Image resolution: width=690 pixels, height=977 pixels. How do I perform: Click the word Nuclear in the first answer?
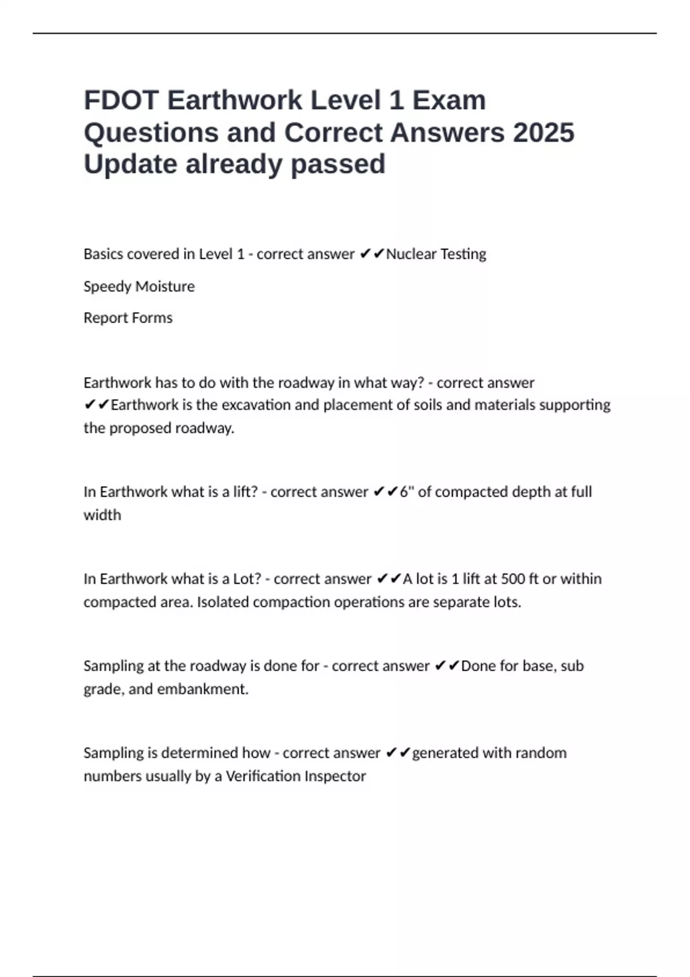[411, 254]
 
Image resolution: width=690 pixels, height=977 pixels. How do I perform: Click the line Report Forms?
[128, 318]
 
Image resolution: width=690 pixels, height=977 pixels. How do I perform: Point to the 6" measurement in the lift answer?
[407, 492]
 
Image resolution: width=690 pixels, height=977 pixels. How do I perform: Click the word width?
[102, 515]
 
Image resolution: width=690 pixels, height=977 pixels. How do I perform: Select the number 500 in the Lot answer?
[513, 579]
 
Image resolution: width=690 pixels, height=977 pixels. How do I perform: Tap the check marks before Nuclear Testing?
[371, 254]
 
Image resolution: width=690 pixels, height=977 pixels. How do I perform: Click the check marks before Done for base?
[447, 666]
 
